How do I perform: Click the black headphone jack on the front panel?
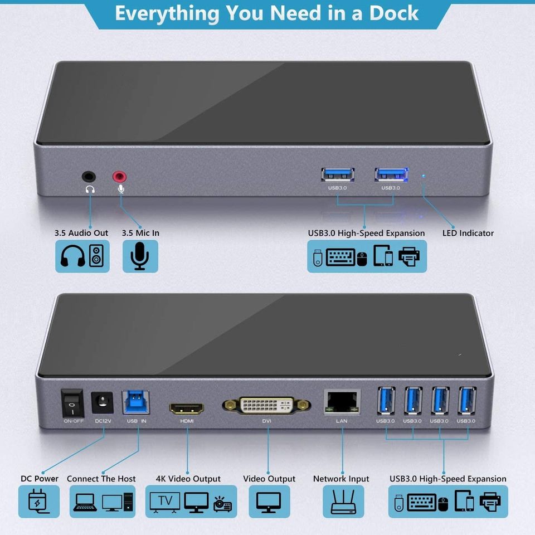tap(89, 177)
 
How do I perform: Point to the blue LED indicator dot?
tap(423, 176)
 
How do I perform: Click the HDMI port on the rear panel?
tap(187, 408)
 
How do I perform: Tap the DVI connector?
tap(266, 405)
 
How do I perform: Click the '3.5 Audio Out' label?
tap(81, 233)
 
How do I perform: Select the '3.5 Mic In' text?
tap(140, 233)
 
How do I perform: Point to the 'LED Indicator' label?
tap(468, 233)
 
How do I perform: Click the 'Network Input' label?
tap(341, 479)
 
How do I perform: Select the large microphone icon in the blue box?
tap(140, 256)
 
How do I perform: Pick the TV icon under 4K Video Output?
tap(166, 501)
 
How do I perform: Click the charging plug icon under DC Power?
tap(39, 501)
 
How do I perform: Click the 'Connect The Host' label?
tap(101, 479)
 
